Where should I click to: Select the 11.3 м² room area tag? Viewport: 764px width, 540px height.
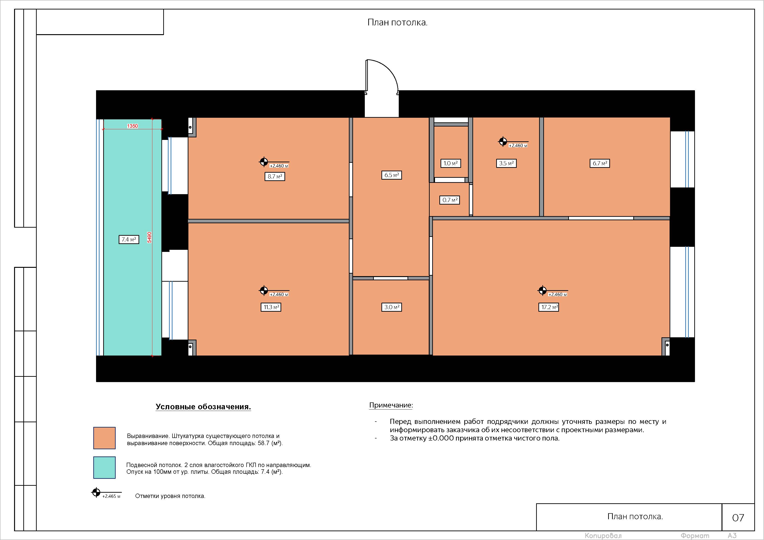point(271,307)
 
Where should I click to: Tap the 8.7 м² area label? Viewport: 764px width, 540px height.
point(275,176)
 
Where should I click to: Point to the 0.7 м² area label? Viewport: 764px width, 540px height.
point(450,200)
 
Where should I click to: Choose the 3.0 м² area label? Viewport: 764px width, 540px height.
point(392,307)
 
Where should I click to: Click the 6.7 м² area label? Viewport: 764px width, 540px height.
point(600,163)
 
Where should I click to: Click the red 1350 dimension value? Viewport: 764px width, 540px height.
point(133,126)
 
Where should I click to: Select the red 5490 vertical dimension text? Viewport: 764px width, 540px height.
point(149,237)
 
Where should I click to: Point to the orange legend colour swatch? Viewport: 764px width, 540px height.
point(105,438)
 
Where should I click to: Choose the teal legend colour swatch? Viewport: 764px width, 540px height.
point(105,468)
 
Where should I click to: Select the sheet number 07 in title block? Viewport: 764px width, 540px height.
point(738,517)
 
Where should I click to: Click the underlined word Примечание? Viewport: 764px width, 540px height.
point(391,405)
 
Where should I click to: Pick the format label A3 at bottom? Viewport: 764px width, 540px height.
point(732,535)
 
